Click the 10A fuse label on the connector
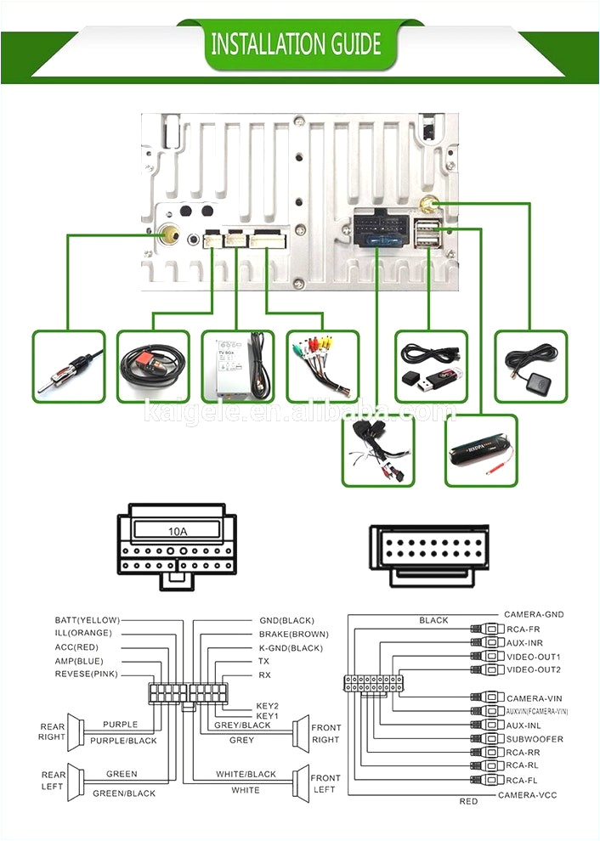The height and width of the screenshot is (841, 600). coord(177,532)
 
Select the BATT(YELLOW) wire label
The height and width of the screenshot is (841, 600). coord(88,620)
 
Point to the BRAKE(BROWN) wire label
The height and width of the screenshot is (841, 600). coord(293,634)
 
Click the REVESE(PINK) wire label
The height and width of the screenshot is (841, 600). coord(87,674)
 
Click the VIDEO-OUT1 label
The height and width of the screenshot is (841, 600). coord(533,657)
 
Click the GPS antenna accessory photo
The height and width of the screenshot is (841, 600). coord(530,367)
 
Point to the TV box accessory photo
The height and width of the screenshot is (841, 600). coord(238,367)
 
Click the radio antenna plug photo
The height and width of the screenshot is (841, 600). coord(69,367)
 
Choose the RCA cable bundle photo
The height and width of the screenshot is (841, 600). coord(322,367)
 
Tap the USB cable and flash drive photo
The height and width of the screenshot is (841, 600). coord(432,367)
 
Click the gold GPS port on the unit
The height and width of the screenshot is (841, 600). coord(428,205)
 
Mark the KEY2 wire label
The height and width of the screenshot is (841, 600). coord(268,706)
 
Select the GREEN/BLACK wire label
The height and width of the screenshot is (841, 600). coord(124,793)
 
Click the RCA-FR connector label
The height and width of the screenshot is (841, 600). coord(524,629)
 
